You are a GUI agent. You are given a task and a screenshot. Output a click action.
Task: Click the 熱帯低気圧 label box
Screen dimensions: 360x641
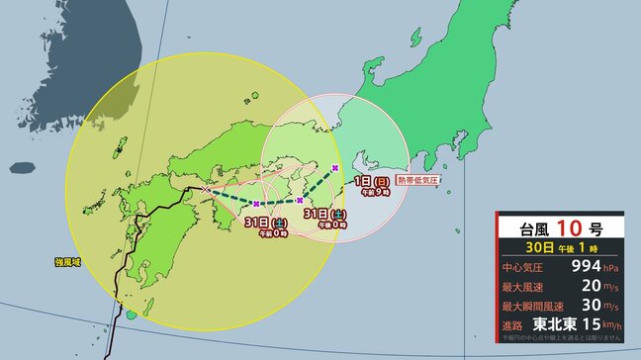pyautogui.click(x=415, y=180)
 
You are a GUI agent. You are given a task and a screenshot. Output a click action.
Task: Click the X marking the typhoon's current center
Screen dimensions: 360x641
pyautogui.click(x=205, y=188)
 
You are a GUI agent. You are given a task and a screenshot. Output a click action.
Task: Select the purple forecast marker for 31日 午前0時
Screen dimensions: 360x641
pyautogui.click(x=256, y=203)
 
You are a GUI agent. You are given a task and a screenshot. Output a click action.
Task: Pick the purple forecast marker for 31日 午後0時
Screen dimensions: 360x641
pyautogui.click(x=300, y=201)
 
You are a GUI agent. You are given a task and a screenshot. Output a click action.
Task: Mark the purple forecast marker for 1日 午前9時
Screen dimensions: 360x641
pyautogui.click(x=337, y=168)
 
